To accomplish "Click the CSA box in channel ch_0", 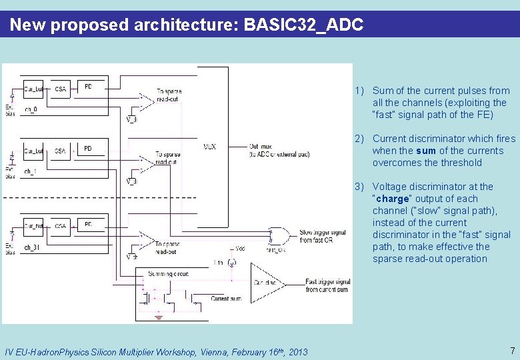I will [61, 88].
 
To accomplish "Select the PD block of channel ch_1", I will [88, 148].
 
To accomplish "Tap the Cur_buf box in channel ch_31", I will [33, 227].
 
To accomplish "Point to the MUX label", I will [210, 147].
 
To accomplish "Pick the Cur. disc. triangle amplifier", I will [266, 282].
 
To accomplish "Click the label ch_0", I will [30, 109].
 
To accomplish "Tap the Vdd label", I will [240, 248].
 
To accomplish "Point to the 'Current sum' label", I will [226, 299].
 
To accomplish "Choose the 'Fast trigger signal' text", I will [328, 282].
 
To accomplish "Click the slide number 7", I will [512, 351].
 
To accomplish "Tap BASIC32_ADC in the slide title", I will [304, 25].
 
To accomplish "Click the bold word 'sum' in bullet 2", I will [426, 151].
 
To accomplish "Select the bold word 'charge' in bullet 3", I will [393, 199].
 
